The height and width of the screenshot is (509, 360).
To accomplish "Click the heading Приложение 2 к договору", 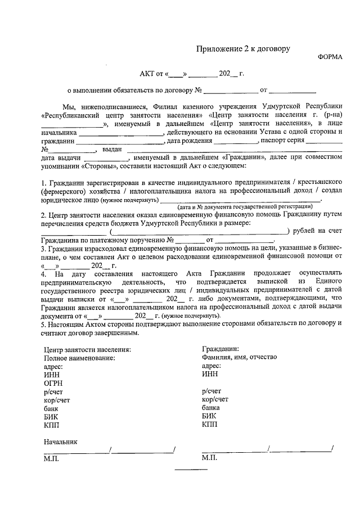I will [x=243, y=49].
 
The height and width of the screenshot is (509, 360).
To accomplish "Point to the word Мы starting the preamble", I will [x=70, y=106].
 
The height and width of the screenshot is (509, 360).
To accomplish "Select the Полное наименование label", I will [x=79, y=358].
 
